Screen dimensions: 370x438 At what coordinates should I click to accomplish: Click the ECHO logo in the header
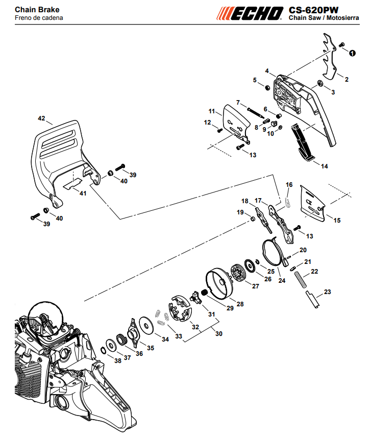[x=250, y=13]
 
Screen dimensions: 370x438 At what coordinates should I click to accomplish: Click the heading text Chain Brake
[x=37, y=10]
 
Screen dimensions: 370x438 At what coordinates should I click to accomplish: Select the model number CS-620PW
[x=313, y=10]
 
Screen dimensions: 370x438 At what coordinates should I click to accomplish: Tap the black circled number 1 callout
[x=353, y=53]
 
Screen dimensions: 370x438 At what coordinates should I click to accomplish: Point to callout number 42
[x=41, y=118]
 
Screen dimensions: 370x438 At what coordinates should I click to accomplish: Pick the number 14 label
[x=324, y=166]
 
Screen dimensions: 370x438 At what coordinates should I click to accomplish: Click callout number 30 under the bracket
[x=219, y=333]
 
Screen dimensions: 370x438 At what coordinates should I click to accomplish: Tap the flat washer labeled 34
[x=146, y=325]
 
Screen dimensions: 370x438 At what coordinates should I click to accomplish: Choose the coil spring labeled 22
[x=301, y=280]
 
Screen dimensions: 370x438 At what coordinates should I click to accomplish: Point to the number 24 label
[x=282, y=280]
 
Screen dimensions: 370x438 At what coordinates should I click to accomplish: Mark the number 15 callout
[x=337, y=221]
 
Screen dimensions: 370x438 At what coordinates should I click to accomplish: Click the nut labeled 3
[x=320, y=83]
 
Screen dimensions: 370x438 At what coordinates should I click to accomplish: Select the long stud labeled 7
[x=256, y=113]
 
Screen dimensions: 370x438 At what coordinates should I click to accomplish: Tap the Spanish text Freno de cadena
[x=39, y=18]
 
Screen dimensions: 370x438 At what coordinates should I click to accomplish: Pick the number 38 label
[x=118, y=360]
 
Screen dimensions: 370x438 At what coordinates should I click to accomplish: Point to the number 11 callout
[x=212, y=111]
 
